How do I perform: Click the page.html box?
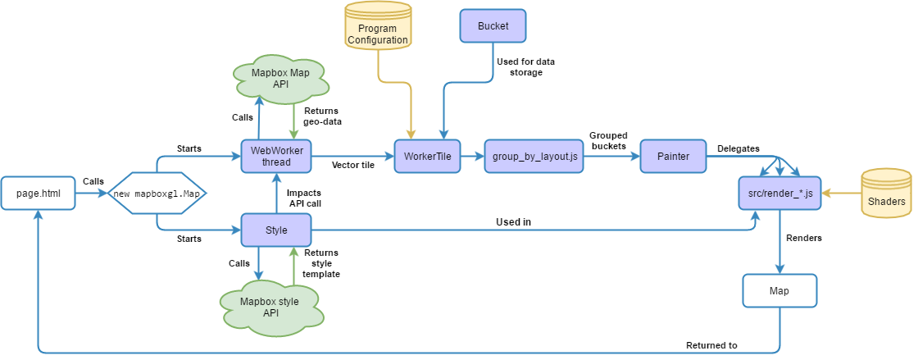tap(38, 194)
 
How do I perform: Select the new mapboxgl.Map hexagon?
tap(157, 194)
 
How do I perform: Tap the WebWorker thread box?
tap(276, 156)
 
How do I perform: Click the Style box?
tap(276, 230)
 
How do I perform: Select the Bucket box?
tap(492, 26)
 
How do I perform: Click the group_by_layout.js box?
tap(534, 156)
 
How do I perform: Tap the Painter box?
tap(673, 156)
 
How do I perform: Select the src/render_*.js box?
tap(779, 194)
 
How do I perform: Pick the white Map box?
tap(779, 291)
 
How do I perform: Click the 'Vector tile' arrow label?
tap(354, 165)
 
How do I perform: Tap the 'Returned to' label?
tap(711, 345)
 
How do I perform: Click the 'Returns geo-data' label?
tap(321, 116)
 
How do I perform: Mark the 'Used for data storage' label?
tap(519, 67)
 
